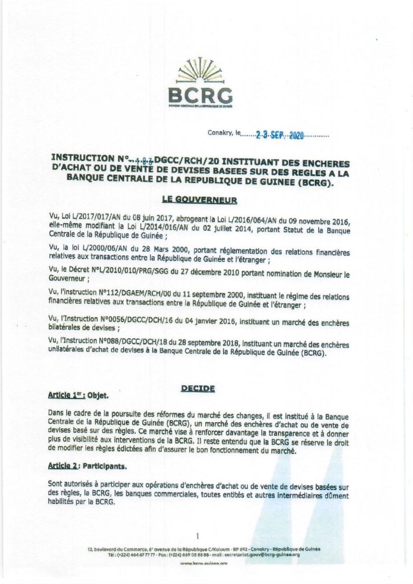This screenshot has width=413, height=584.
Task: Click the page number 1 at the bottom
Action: pos(197,536)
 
